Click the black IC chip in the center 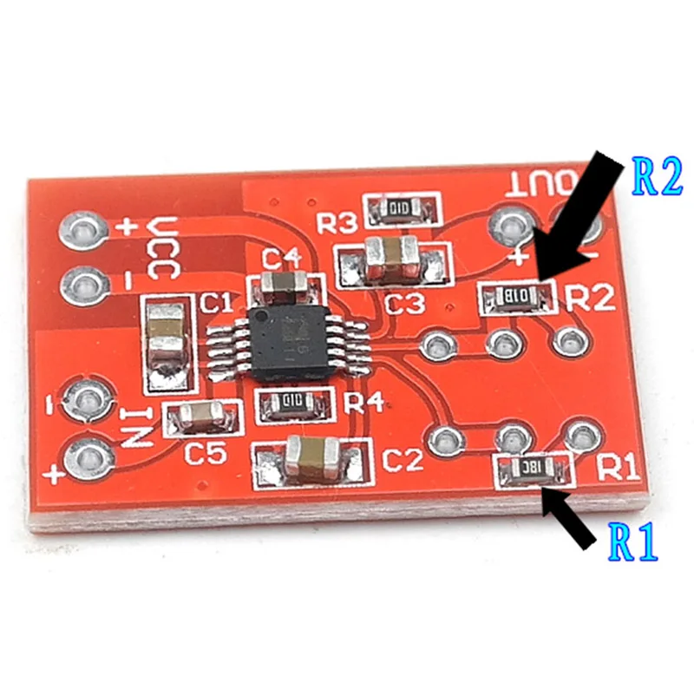click(x=290, y=340)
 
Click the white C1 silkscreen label click(x=216, y=303)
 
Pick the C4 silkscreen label click(x=282, y=258)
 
